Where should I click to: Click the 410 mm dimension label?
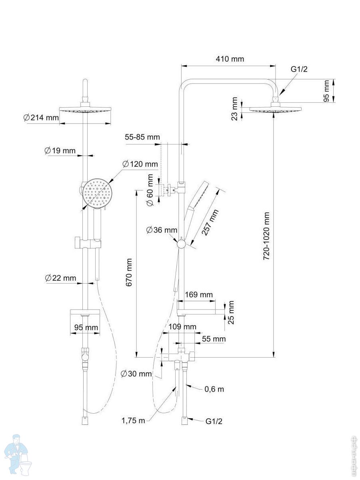click(x=230, y=59)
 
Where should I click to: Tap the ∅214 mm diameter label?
click(x=41, y=118)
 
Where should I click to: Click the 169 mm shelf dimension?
click(x=198, y=295)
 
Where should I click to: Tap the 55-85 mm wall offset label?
click(x=142, y=137)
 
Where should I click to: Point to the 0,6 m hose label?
click(x=214, y=389)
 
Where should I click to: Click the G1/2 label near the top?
click(x=299, y=69)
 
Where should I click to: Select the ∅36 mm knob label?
click(x=162, y=230)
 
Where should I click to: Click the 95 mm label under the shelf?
click(x=86, y=328)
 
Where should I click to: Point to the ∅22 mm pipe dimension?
click(x=60, y=278)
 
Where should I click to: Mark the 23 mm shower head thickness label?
click(x=235, y=109)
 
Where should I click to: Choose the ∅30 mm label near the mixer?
click(x=136, y=374)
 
